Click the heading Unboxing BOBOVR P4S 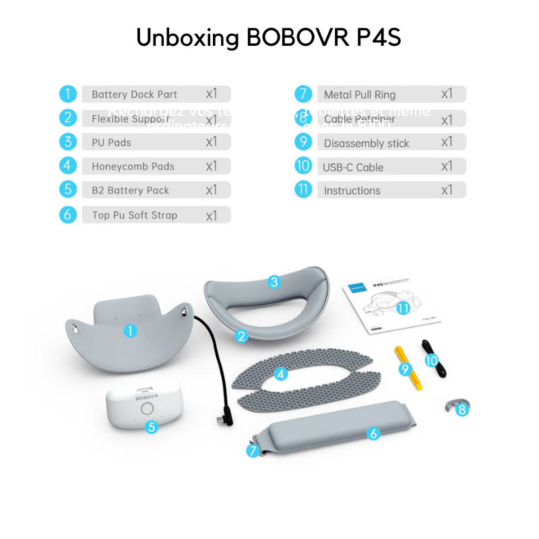[269, 38]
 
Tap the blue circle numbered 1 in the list [67, 94]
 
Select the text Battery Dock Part [134, 95]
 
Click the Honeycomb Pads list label [133, 166]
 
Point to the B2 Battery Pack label [130, 191]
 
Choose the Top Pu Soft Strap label [134, 216]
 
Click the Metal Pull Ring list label [359, 95]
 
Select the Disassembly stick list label [366, 144]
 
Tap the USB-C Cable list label [353, 167]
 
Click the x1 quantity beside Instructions [447, 191]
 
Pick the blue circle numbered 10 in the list [303, 166]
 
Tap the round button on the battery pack [146, 410]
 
